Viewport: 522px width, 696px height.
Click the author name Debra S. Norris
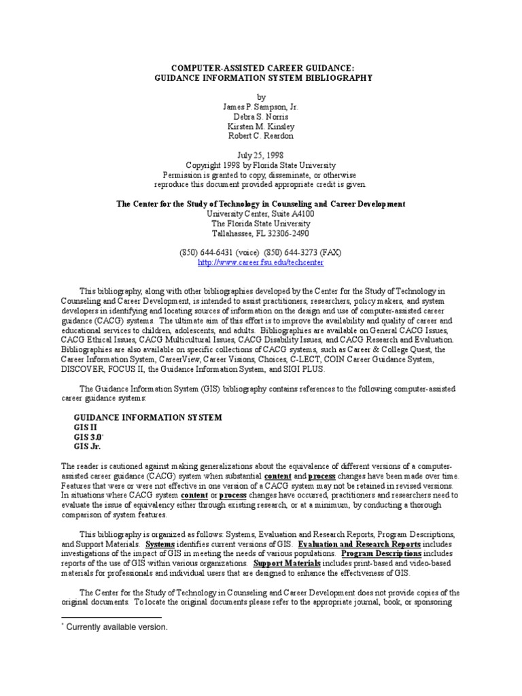tap(261, 117)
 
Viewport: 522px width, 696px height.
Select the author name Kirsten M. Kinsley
tap(261, 126)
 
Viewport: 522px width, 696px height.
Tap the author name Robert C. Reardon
tap(261, 136)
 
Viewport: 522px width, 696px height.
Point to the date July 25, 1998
tap(261, 155)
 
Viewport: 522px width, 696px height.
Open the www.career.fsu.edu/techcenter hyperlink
tap(261, 262)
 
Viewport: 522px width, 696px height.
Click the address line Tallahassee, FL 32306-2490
tap(261, 232)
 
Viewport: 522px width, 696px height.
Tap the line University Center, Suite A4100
tap(261, 213)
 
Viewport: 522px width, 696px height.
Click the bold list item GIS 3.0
tap(88, 437)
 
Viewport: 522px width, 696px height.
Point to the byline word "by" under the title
tap(261, 97)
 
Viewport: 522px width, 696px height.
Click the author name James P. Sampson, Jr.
tap(261, 107)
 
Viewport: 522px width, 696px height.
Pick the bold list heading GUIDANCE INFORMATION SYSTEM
tap(147, 417)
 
